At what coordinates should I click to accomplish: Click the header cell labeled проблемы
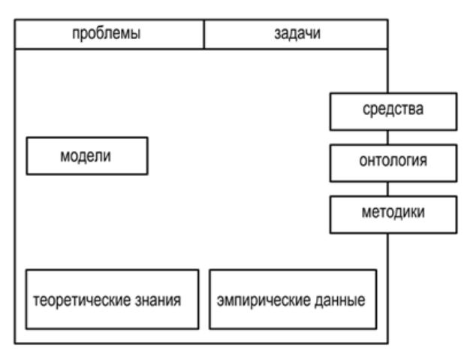click(110, 34)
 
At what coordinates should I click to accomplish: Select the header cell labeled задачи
click(296, 34)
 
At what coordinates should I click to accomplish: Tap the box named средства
click(393, 111)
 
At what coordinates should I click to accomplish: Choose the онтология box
click(393, 163)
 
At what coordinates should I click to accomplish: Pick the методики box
click(393, 214)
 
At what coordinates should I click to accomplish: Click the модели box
click(87, 156)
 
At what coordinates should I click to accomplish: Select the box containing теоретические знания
click(113, 300)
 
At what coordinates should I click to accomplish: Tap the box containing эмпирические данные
click(293, 300)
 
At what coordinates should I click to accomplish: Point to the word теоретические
click(82, 301)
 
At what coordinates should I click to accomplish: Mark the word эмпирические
click(264, 301)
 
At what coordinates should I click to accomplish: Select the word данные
click(340, 301)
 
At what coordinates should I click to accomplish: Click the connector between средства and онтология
click(387, 138)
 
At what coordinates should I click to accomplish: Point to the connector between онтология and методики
click(387, 189)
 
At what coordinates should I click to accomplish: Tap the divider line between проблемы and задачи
click(204, 34)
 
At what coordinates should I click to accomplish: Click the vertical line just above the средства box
click(387, 71)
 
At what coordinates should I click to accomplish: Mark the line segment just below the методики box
click(387, 289)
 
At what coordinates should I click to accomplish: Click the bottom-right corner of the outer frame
click(387, 343)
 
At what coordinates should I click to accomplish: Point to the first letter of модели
click(65, 157)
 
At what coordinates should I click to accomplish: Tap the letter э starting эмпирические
click(221, 301)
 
